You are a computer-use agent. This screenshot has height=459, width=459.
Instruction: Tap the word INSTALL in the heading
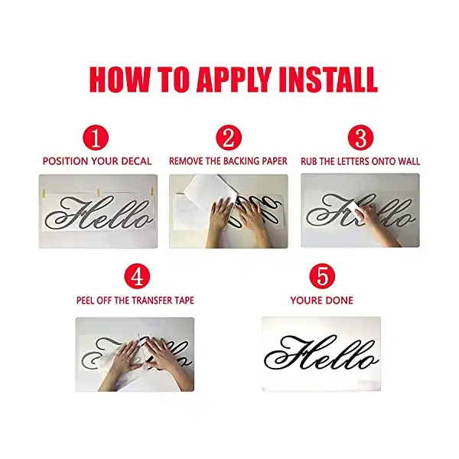[x=328, y=80]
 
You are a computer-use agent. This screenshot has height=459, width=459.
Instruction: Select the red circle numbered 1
[x=96, y=138]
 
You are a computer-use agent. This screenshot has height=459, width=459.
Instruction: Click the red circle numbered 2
[x=229, y=138]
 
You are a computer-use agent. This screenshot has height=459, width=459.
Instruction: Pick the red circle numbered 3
[x=360, y=138]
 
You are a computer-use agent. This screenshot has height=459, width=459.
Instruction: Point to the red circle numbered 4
[x=137, y=277]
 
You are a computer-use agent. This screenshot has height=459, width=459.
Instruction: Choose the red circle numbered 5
[x=322, y=277]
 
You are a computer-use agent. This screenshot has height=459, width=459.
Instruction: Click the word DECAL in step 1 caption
[x=136, y=161]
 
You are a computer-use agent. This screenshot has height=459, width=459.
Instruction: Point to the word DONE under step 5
[x=340, y=301]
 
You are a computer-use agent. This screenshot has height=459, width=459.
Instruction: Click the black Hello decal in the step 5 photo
[x=321, y=353]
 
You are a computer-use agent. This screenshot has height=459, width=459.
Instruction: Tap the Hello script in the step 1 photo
[x=99, y=213]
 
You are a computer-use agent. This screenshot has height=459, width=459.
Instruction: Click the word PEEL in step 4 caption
[x=85, y=301]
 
